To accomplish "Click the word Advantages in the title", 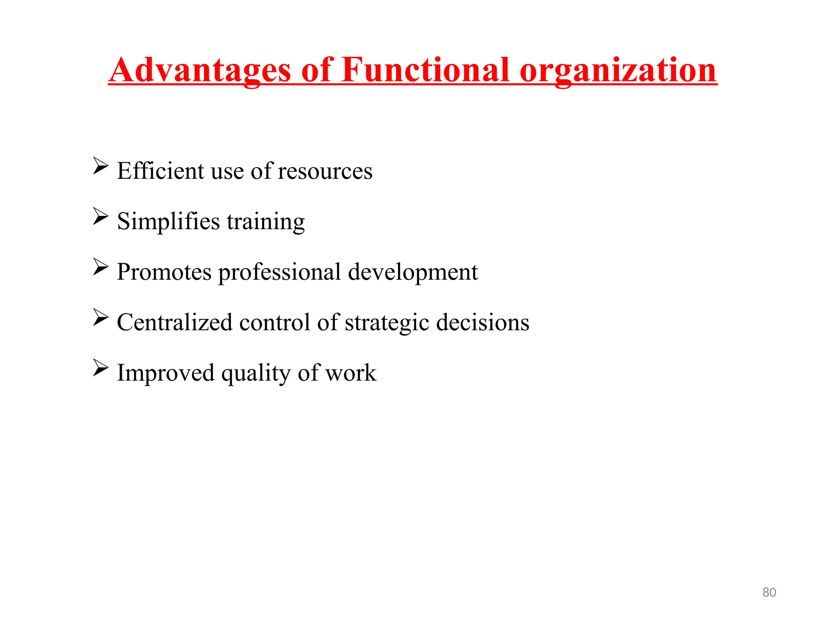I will pyautogui.click(x=200, y=70).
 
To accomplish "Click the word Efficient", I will pyautogui.click(x=160, y=171).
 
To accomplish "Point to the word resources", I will pyautogui.click(x=325, y=172).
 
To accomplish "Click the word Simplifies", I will pyautogui.click(x=168, y=221).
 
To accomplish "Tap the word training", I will pyautogui.click(x=266, y=222).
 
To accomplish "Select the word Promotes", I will pyautogui.click(x=164, y=272).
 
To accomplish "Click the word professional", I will pyautogui.click(x=280, y=272).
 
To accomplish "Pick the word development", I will pyautogui.click(x=412, y=272).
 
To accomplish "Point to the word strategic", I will pyautogui.click(x=387, y=323).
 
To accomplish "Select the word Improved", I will pyautogui.click(x=165, y=373).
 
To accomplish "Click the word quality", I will pyautogui.click(x=256, y=373).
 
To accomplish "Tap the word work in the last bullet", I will pyautogui.click(x=350, y=373).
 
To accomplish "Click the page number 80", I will pyautogui.click(x=769, y=592).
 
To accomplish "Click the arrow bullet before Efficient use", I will pyautogui.click(x=100, y=166).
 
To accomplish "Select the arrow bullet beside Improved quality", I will pyautogui.click(x=100, y=367).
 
